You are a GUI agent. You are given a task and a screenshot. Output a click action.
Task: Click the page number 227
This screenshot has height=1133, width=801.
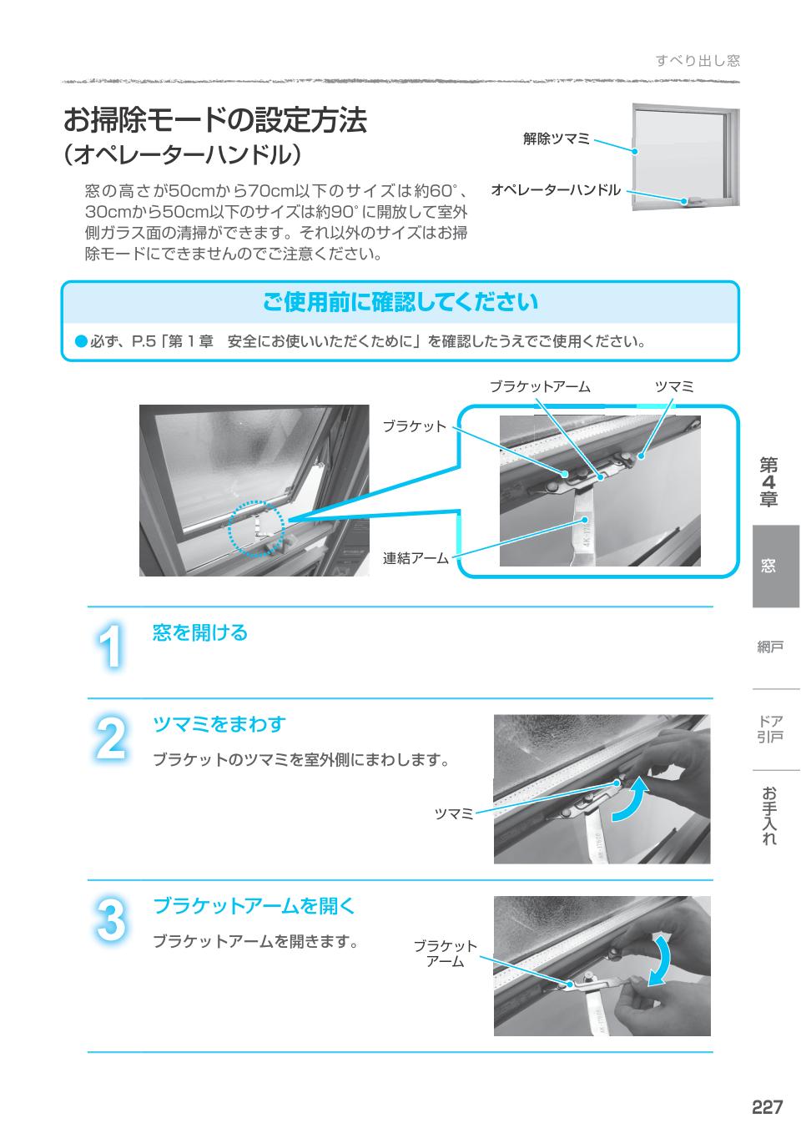pyautogui.click(x=767, y=1107)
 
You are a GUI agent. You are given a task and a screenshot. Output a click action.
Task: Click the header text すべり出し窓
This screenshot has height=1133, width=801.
pyautogui.click(x=698, y=60)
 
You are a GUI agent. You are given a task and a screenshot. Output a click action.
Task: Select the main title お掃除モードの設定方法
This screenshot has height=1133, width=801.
pyautogui.click(x=215, y=120)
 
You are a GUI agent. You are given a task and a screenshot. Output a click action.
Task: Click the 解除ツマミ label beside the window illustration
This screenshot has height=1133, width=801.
pyautogui.click(x=556, y=139)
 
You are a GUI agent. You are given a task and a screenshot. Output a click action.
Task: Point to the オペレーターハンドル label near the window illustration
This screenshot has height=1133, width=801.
pyautogui.click(x=556, y=190)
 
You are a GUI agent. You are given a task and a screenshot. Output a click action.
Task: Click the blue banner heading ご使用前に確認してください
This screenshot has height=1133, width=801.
pyautogui.click(x=400, y=302)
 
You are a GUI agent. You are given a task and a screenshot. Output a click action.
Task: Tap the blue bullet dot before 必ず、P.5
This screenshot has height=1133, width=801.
pyautogui.click(x=80, y=341)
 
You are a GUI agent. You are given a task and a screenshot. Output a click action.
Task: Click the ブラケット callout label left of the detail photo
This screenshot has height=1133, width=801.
pyautogui.click(x=415, y=426)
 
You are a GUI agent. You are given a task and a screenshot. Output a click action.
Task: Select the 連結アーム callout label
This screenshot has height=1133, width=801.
pyautogui.click(x=415, y=558)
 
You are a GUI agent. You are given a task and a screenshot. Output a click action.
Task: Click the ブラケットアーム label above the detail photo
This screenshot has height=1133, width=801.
pyautogui.click(x=539, y=386)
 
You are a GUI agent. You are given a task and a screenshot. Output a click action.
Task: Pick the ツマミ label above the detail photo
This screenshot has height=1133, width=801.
pyautogui.click(x=673, y=386)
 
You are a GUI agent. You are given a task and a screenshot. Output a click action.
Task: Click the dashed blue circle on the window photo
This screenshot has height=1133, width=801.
pyautogui.click(x=257, y=528)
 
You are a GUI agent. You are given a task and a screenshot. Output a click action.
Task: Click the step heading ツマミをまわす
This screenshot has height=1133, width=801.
pyautogui.click(x=219, y=724)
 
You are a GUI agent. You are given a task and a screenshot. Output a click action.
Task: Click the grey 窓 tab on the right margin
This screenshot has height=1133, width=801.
pyautogui.click(x=775, y=566)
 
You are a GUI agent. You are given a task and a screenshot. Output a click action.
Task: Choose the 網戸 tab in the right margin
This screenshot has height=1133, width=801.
pyautogui.click(x=770, y=647)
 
